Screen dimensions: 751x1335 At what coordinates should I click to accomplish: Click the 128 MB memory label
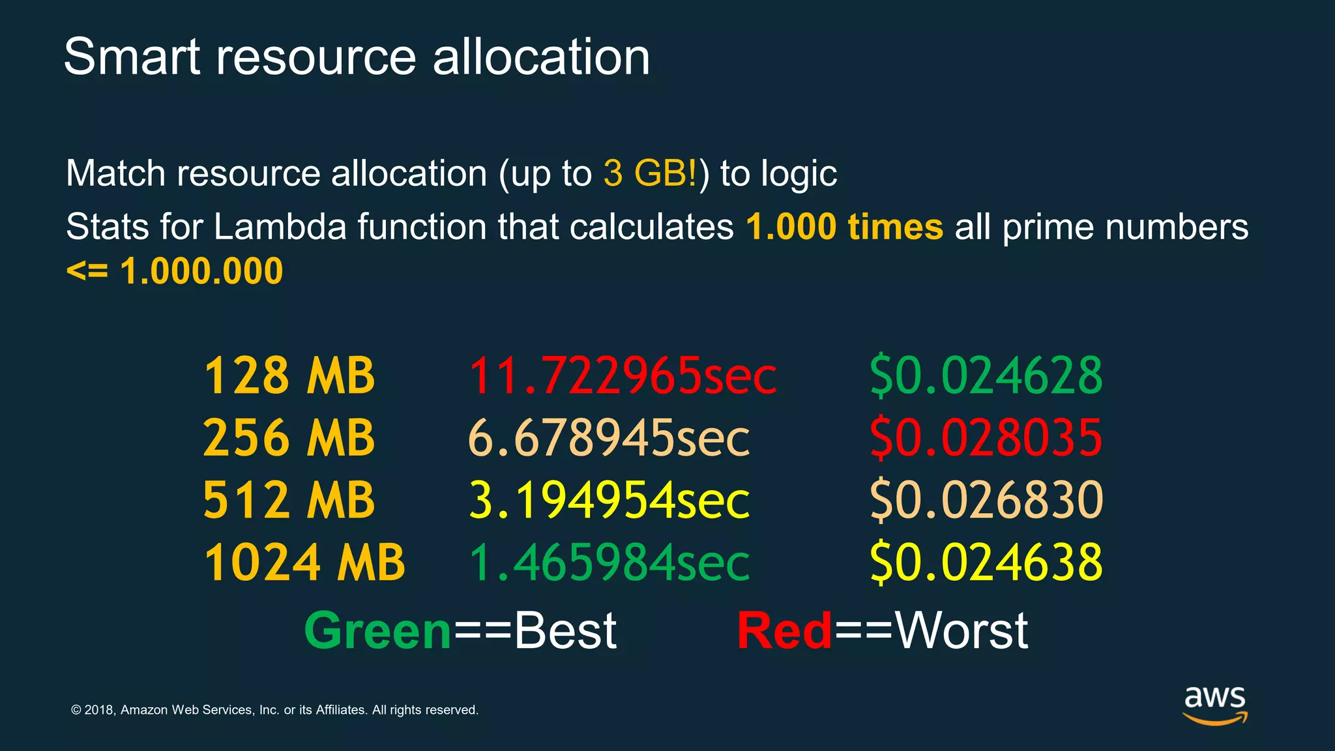(289, 375)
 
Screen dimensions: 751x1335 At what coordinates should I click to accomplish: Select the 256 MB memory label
(289, 437)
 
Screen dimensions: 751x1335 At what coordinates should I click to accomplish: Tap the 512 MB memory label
(289, 500)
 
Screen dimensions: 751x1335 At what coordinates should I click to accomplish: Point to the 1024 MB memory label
(304, 562)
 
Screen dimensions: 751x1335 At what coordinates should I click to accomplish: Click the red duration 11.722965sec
(622, 375)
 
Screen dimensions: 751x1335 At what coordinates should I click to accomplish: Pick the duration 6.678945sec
(609, 437)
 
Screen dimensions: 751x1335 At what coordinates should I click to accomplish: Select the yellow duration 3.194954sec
(609, 500)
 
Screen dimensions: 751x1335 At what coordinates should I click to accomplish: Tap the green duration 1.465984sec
(609, 562)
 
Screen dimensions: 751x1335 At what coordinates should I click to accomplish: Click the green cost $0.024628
(986, 375)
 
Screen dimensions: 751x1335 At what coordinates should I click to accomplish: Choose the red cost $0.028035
(986, 437)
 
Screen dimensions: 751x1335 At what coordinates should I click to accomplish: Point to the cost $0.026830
(986, 500)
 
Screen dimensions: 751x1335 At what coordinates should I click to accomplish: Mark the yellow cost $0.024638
(986, 562)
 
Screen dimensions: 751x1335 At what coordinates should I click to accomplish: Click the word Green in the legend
(377, 631)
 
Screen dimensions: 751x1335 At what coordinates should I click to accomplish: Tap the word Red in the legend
(784, 631)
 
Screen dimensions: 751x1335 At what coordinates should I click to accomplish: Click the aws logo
(1214, 704)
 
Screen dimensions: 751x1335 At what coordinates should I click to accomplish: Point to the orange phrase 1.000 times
(844, 227)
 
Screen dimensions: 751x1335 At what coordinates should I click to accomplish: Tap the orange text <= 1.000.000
(175, 271)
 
